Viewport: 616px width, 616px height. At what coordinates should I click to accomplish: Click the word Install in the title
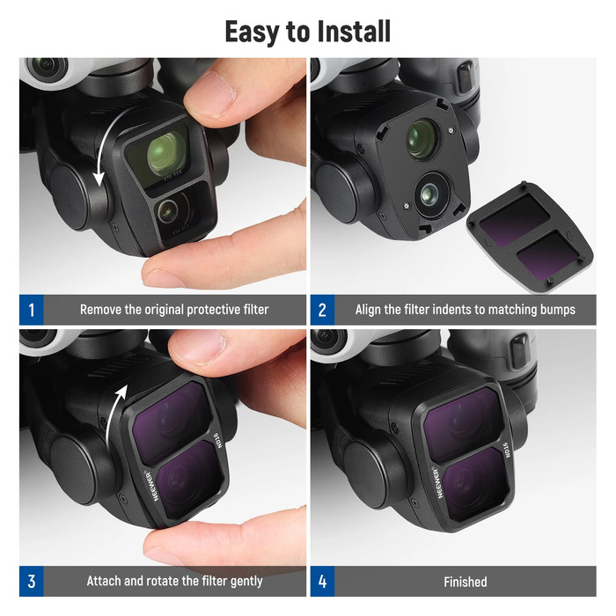346,31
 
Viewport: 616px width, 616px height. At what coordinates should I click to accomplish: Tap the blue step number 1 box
31,310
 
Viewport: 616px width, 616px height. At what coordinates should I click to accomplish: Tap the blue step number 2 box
322,310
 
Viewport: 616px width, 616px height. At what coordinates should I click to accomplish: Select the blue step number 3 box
31,582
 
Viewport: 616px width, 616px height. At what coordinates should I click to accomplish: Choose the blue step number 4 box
322,582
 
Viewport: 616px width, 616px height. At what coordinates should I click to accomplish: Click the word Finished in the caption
465,582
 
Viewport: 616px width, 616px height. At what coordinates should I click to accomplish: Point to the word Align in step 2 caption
371,310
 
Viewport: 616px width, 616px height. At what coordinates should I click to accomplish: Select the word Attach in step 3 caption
106,582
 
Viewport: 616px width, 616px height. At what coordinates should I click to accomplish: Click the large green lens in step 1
166,152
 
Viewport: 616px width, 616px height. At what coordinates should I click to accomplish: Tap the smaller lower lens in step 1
169,209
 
